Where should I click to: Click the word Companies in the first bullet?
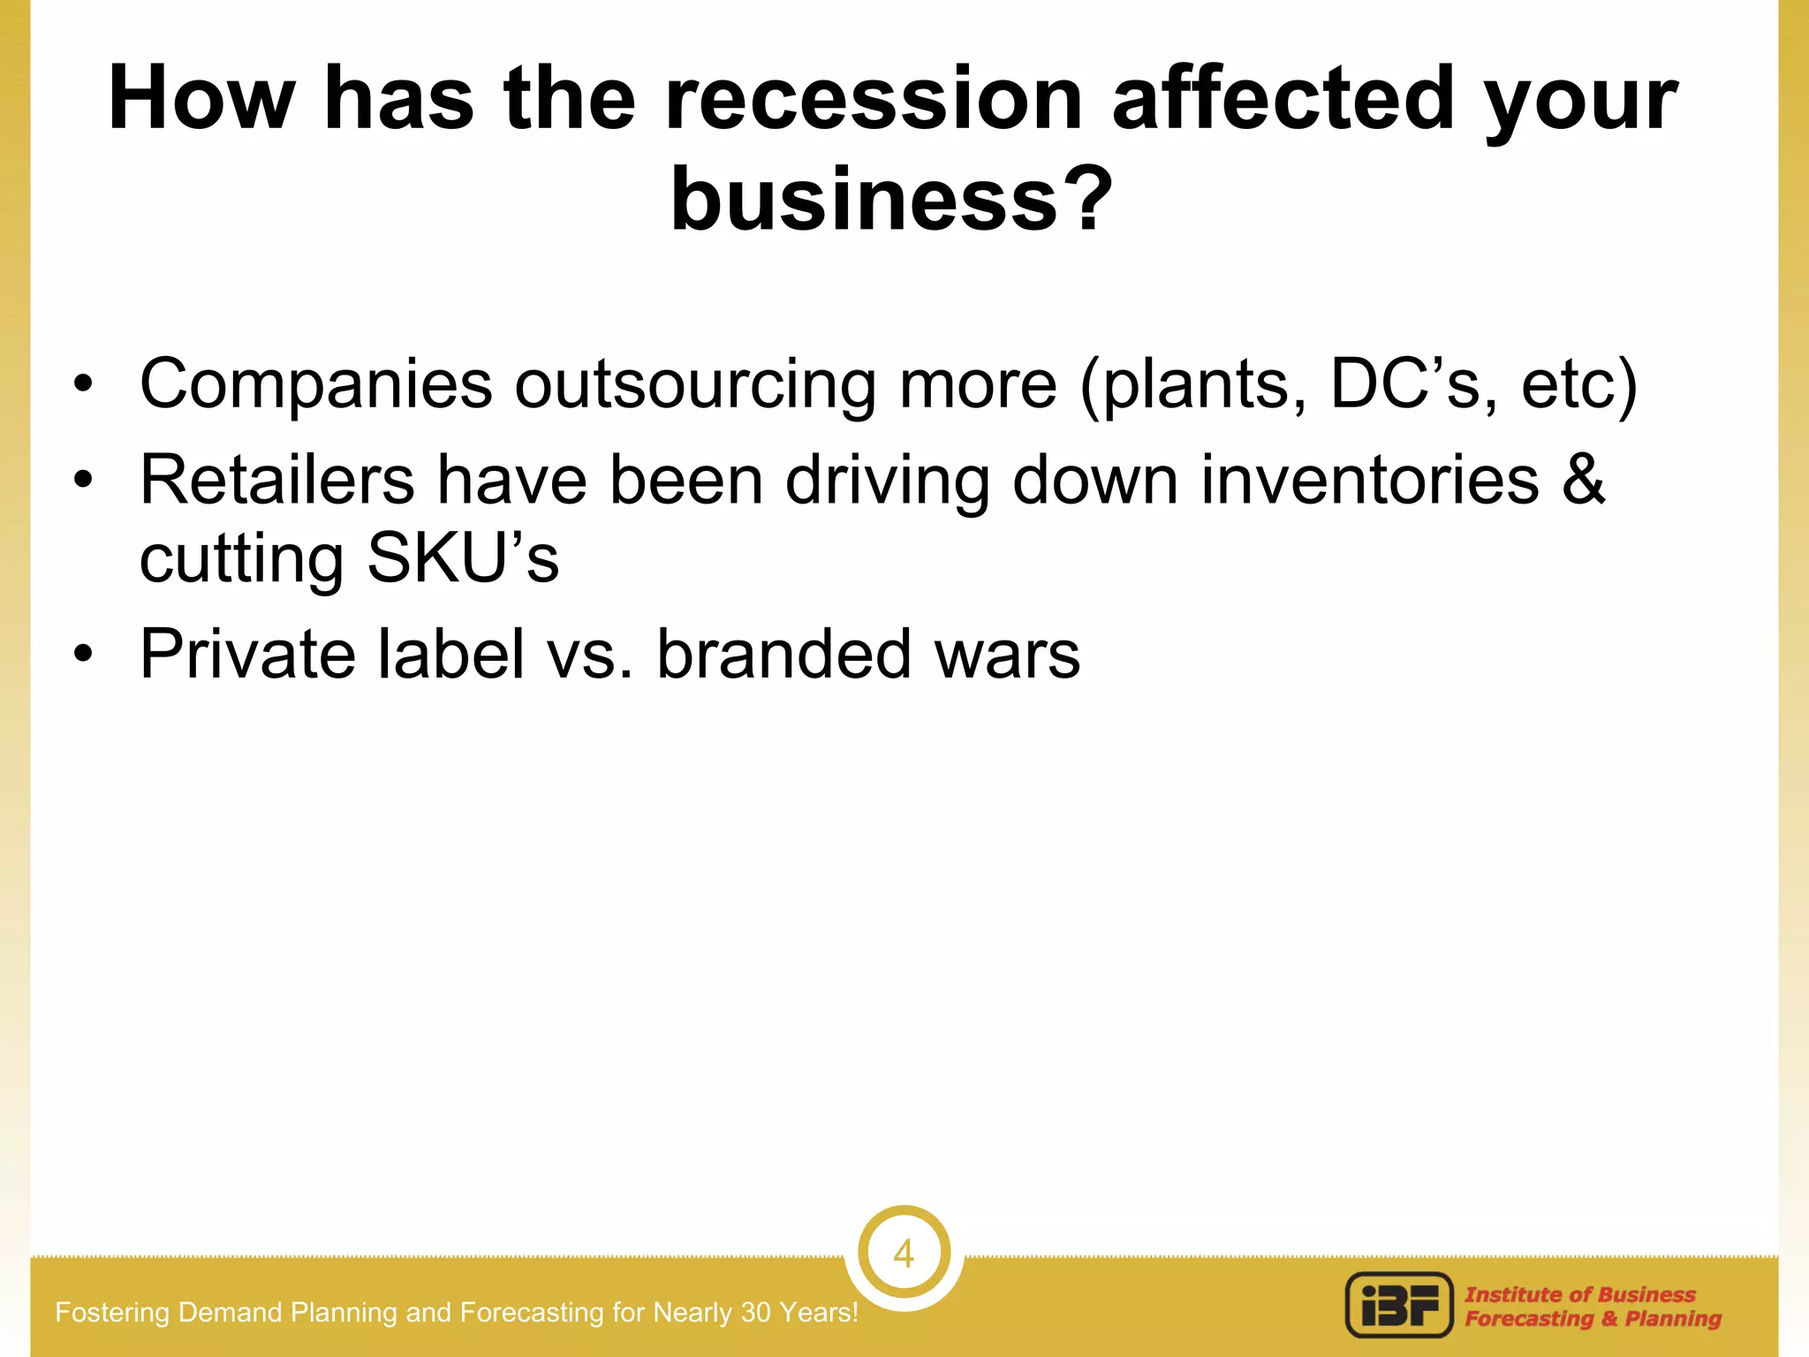[315, 385]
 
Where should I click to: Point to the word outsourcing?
[695, 385]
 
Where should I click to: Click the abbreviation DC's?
[1404, 383]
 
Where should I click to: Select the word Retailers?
[276, 481]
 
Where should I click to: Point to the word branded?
[783, 655]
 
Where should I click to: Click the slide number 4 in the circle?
[903, 1254]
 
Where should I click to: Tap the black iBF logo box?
[1399, 1305]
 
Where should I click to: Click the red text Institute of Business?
[1580, 1294]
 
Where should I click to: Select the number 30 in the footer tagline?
[756, 1313]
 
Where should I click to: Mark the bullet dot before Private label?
[83, 655]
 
